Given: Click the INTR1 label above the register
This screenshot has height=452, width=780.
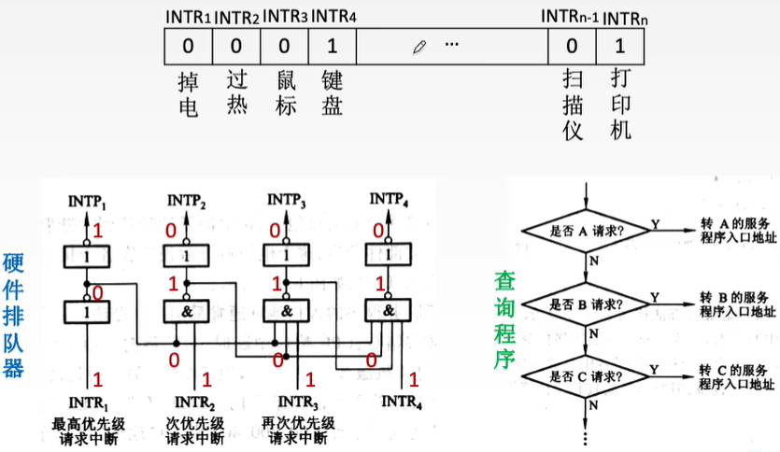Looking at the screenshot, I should pyautogui.click(x=188, y=17).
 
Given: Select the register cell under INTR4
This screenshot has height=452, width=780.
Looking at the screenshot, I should pyautogui.click(x=332, y=45).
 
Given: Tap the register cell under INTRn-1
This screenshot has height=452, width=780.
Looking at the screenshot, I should pyautogui.click(x=572, y=45).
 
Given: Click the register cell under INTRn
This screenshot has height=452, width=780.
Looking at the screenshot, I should pyautogui.click(x=618, y=45).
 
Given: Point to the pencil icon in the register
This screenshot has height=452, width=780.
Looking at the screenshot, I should pyautogui.click(x=420, y=45).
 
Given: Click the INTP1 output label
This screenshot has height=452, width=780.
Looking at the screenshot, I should pyautogui.click(x=89, y=200).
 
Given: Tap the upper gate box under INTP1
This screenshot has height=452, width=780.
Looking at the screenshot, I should pyautogui.click(x=88, y=255).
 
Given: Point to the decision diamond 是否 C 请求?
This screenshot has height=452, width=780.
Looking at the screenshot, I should pyautogui.click(x=586, y=376).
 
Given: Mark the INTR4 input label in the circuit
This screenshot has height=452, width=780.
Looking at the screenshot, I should pyautogui.click(x=403, y=405).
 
